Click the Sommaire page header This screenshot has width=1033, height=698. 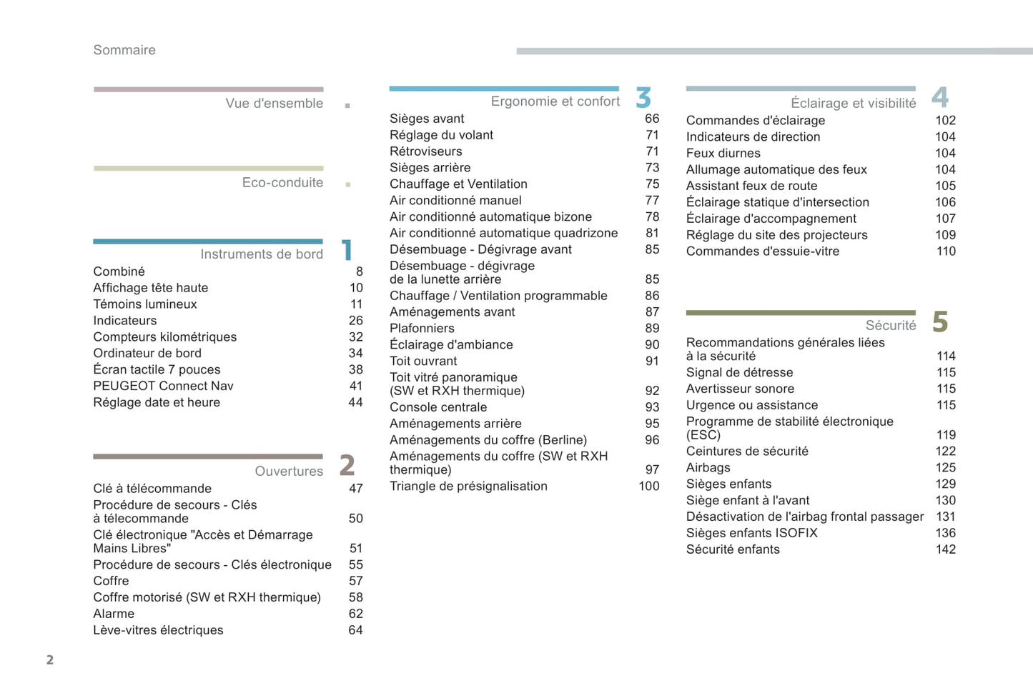(x=124, y=50)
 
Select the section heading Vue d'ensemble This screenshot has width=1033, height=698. (x=274, y=104)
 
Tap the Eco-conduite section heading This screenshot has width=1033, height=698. (x=282, y=183)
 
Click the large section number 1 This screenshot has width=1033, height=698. (x=347, y=250)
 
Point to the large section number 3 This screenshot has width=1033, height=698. (x=643, y=98)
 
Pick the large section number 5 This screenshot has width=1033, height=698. (x=940, y=322)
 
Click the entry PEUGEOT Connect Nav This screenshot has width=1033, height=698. (x=163, y=387)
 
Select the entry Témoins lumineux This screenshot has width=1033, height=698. (x=144, y=304)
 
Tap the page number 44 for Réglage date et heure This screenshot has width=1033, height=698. (x=355, y=403)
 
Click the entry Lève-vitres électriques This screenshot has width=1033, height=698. (x=158, y=631)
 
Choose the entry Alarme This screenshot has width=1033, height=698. (x=114, y=614)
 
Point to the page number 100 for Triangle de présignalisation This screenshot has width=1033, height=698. (x=649, y=487)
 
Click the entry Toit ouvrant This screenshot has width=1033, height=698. (x=423, y=362)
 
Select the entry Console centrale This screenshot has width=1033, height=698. (x=438, y=408)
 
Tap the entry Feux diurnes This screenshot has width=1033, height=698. (x=723, y=154)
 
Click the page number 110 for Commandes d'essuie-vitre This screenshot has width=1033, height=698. (x=946, y=251)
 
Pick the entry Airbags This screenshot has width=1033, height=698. (x=708, y=468)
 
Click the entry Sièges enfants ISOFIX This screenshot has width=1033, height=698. (x=751, y=534)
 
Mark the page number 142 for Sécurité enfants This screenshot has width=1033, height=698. (x=946, y=550)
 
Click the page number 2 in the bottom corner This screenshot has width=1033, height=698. (x=50, y=660)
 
